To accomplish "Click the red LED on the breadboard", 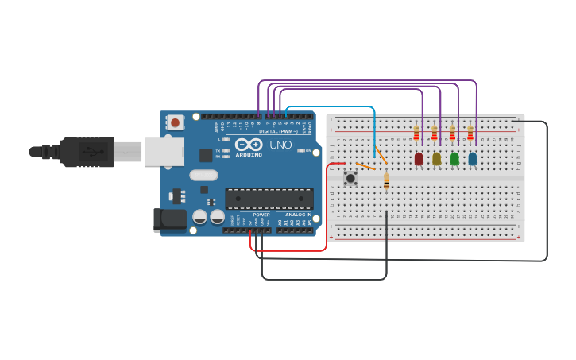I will click(x=419, y=159).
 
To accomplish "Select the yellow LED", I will click(x=436, y=159).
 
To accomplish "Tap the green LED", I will click(x=454, y=159).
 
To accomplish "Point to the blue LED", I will click(x=473, y=159).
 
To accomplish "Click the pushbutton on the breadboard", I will click(x=350, y=178).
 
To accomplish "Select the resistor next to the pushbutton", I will click(x=386, y=182).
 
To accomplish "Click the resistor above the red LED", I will click(x=416, y=134).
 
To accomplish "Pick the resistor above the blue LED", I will click(x=470, y=134).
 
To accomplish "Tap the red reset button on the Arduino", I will click(x=175, y=122).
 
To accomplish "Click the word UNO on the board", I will click(x=281, y=145).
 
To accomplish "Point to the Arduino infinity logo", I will click(x=248, y=145).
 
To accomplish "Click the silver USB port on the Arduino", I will click(x=164, y=151).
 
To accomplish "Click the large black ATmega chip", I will click(x=269, y=199).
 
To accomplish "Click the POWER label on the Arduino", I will click(x=261, y=215).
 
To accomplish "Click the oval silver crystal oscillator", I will click(x=203, y=175).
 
